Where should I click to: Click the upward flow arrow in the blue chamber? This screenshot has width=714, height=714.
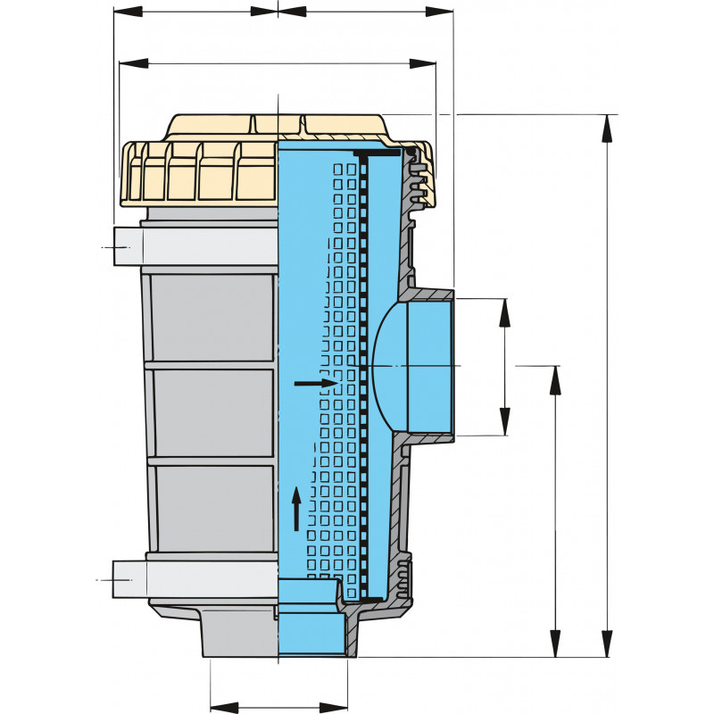(x=297, y=509)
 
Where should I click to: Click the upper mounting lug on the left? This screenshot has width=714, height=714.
(x=128, y=247)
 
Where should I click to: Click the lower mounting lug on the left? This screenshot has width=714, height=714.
(x=128, y=577)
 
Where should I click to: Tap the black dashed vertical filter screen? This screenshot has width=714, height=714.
(x=364, y=375)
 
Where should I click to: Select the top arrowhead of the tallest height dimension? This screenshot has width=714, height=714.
(x=608, y=126)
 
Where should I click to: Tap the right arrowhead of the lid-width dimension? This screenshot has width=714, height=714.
(x=424, y=62)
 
